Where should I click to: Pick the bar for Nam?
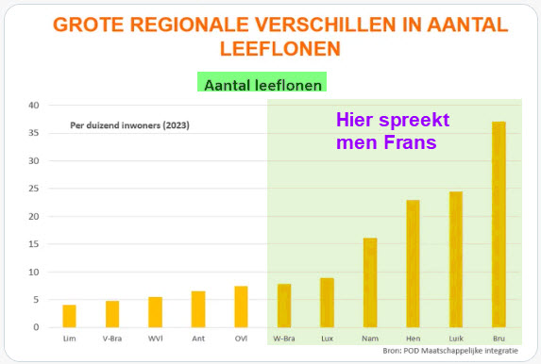click(370, 282)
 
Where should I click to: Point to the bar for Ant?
click(198, 308)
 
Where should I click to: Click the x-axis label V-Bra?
click(112, 339)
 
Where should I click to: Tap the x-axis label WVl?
click(156, 339)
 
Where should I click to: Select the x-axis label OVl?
click(241, 339)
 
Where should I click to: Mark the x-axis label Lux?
click(327, 339)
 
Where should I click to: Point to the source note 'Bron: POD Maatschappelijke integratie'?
click(449, 351)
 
